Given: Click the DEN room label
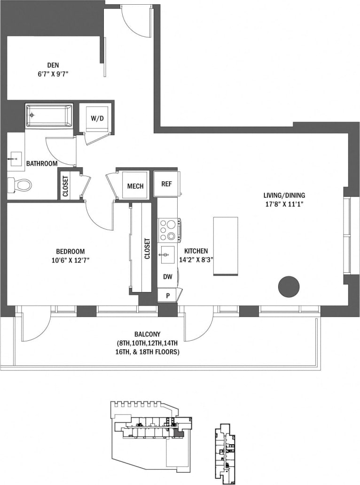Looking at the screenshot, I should pyautogui.click(x=53, y=65).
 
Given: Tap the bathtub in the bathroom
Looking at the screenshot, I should pyautogui.click(x=49, y=115).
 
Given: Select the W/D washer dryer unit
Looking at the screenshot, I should pyautogui.click(x=97, y=118).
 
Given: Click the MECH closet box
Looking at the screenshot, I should pyautogui.click(x=135, y=186).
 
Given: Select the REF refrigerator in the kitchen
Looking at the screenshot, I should pyautogui.click(x=166, y=184).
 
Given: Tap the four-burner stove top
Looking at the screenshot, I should pyautogui.click(x=168, y=230).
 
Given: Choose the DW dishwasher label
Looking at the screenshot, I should pyautogui.click(x=167, y=277).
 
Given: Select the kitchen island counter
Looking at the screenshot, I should pyautogui.click(x=226, y=246).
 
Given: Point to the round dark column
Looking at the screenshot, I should pyautogui.click(x=289, y=286).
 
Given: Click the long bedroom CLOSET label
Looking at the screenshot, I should pyautogui.click(x=147, y=249).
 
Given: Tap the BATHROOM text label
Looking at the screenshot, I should pyautogui.click(x=42, y=163).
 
